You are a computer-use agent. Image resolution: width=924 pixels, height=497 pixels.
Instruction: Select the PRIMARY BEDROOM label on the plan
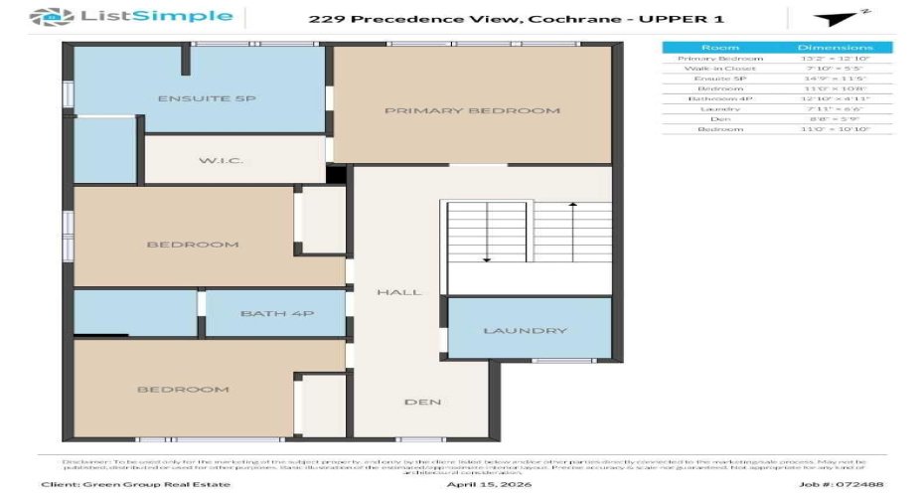click(x=472, y=110)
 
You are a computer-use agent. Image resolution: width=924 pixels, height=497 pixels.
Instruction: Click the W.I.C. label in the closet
click(x=221, y=161)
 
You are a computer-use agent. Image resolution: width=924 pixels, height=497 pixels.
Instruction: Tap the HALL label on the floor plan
click(x=398, y=292)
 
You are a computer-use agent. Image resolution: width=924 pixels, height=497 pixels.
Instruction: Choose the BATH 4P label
click(x=277, y=314)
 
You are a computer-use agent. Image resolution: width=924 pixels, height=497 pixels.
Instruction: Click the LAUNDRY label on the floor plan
click(x=526, y=331)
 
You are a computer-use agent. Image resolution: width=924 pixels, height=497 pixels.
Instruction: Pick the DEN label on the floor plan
click(x=422, y=403)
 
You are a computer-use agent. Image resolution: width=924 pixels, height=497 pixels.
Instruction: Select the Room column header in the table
click(x=719, y=47)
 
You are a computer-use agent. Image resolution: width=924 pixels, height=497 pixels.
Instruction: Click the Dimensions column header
click(x=835, y=47)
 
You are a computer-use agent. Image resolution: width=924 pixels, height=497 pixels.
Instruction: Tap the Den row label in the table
click(x=719, y=117)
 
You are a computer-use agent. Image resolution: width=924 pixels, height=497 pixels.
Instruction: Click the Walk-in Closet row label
click(x=719, y=69)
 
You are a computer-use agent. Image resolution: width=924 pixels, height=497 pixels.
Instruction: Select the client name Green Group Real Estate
click(x=135, y=484)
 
